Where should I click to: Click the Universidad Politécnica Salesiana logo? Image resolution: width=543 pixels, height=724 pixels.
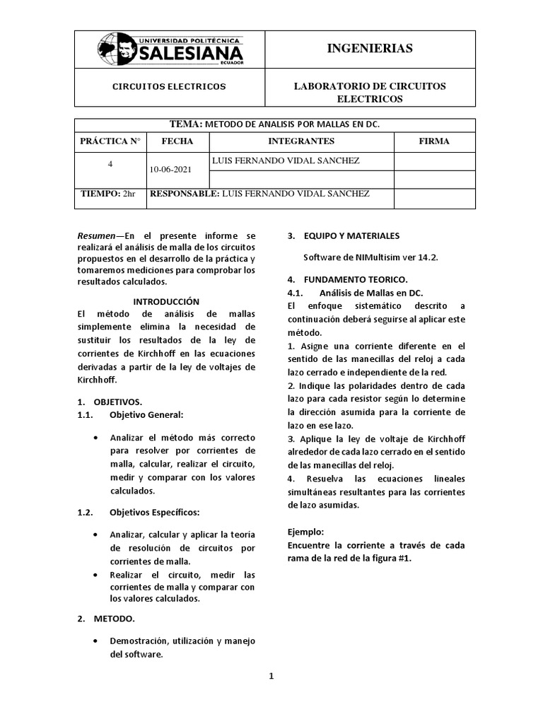[170, 50]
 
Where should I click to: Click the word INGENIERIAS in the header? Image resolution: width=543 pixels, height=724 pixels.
[369, 48]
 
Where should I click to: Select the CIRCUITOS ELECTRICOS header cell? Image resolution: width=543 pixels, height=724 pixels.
[170, 86]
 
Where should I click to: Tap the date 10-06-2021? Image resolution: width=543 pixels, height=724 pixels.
[170, 169]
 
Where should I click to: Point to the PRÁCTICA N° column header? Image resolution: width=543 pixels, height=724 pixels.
[110, 141]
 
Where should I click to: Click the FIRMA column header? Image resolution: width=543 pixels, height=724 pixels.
[434, 141]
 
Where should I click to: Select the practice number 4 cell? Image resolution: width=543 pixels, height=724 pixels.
[110, 163]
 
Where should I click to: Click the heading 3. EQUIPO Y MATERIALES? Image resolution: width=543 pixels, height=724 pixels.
[343, 235]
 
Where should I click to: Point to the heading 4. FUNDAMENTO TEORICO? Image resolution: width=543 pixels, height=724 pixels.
[347, 279]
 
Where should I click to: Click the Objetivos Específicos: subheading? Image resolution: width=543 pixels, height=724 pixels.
[154, 511]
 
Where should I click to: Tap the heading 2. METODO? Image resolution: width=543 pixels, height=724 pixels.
[106, 619]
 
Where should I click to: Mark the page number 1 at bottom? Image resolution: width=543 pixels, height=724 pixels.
[271, 676]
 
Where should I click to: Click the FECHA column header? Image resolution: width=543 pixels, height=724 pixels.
[177, 141]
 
